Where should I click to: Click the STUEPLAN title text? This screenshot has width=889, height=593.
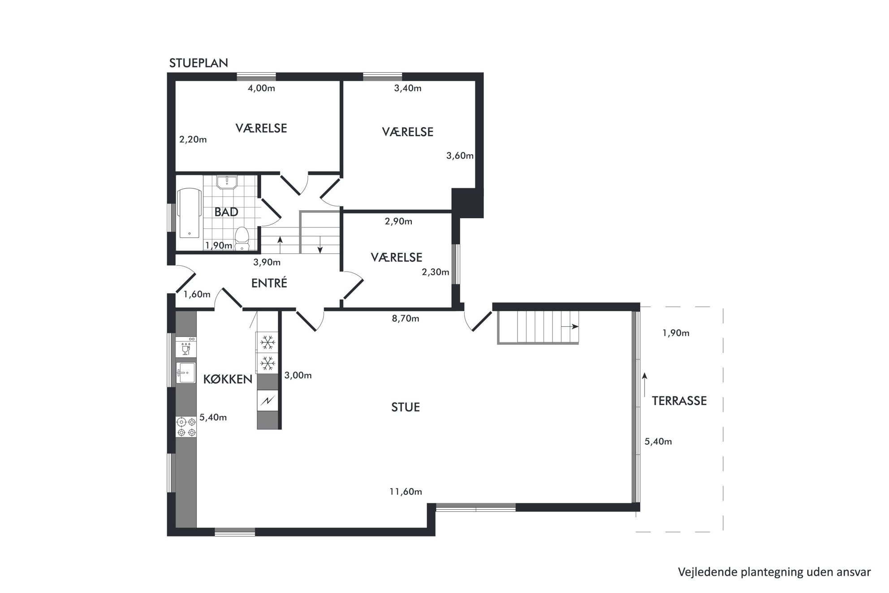pyautogui.click(x=199, y=63)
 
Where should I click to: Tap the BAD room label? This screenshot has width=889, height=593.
pyautogui.click(x=226, y=212)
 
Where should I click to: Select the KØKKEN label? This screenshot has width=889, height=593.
pyautogui.click(x=228, y=379)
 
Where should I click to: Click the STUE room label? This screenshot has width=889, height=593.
pyautogui.click(x=406, y=407)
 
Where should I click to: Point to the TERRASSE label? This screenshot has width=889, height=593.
pyautogui.click(x=679, y=401)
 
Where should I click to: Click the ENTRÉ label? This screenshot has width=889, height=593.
pyautogui.click(x=269, y=283)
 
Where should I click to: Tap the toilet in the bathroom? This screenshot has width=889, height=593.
pyautogui.click(x=242, y=238)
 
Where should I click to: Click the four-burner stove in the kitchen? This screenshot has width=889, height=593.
pyautogui.click(x=186, y=427)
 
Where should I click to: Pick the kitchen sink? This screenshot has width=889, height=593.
pyautogui.click(x=186, y=373)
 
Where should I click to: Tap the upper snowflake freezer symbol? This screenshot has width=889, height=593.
pyautogui.click(x=268, y=342)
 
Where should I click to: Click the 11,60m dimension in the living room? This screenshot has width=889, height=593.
pyautogui.click(x=406, y=492)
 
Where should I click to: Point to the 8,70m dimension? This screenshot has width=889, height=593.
pyautogui.click(x=406, y=319)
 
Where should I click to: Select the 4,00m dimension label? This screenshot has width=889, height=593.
pyautogui.click(x=261, y=88)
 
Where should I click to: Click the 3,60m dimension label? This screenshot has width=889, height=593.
pyautogui.click(x=460, y=156)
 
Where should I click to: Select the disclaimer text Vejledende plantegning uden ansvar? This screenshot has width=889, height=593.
pyautogui.click(x=774, y=572)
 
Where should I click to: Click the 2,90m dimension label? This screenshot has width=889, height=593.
pyautogui.click(x=398, y=221)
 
